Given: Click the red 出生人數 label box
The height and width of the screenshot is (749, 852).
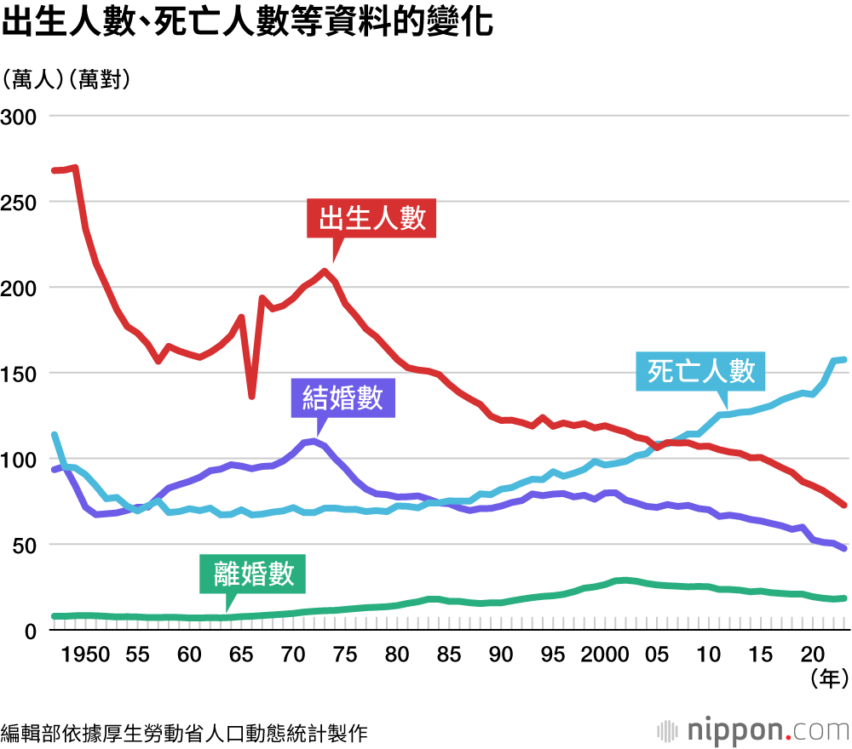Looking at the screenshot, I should (371, 220).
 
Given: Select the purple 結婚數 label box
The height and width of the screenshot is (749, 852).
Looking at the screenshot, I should (343, 398).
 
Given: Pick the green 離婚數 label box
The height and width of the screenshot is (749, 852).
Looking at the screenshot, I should (252, 574).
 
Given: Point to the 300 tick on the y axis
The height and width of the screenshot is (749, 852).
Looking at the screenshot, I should (20, 116).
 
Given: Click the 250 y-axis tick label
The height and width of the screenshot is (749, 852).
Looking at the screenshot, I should (20, 202).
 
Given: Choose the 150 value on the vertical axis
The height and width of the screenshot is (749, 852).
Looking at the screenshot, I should (20, 373).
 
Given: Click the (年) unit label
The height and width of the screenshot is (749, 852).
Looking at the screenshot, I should (826, 678).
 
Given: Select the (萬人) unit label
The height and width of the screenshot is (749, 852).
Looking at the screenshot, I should (35, 80).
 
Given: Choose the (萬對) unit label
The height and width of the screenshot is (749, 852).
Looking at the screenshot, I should (101, 80).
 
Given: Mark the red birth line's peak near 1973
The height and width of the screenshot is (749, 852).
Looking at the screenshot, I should (325, 272).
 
